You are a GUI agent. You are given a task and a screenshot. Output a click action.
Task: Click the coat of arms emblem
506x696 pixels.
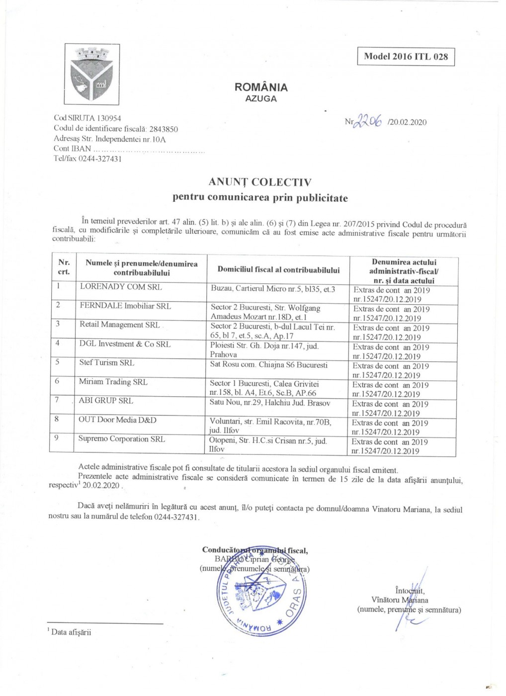92,74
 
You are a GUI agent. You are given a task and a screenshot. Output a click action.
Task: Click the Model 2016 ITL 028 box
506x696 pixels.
406,57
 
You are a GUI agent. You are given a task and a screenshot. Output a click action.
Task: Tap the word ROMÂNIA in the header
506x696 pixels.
261,87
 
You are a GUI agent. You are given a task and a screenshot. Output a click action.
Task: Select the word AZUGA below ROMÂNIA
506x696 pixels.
261,99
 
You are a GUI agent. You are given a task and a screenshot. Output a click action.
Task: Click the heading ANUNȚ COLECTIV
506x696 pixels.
260,182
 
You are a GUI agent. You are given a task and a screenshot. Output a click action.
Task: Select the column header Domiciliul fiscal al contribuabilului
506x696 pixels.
278,270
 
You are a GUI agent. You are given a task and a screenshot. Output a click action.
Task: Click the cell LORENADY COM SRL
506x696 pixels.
121,287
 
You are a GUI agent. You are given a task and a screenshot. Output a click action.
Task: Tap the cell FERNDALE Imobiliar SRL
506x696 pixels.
125,306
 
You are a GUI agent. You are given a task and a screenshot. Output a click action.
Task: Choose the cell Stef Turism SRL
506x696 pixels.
106,363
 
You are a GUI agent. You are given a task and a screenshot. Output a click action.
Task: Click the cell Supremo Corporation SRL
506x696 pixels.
121,439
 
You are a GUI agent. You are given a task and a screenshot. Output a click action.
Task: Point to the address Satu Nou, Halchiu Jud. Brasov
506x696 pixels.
269,403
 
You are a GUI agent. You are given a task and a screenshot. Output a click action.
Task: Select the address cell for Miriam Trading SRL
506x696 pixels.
264,388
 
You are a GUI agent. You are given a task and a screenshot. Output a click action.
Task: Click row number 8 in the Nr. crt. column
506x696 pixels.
57,419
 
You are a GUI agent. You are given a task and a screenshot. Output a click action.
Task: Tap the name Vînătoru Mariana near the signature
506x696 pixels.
400,600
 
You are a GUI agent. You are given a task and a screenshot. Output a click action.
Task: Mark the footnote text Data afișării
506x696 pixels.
71,632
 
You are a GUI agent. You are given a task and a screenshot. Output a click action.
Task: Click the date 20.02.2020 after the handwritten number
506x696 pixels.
409,122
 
